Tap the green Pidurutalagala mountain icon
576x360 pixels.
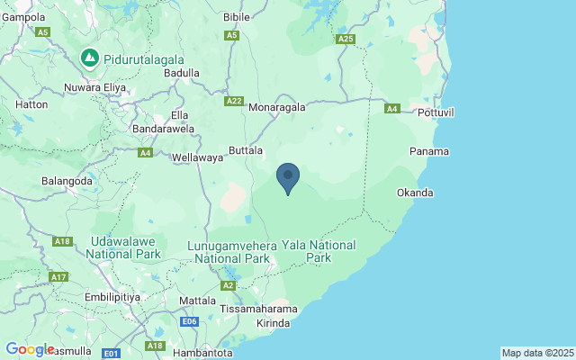click(x=90, y=58)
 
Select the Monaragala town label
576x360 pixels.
click(x=277, y=106)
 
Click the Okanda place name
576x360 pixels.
click(x=415, y=193)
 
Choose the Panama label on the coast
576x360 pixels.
click(x=428, y=151)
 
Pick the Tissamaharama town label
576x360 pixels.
click(x=259, y=309)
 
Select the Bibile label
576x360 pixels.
click(x=237, y=17)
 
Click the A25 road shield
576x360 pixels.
click(x=346, y=40)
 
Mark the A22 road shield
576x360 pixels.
click(x=234, y=102)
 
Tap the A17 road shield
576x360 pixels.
click(x=59, y=276)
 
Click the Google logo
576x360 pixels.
click(x=30, y=349)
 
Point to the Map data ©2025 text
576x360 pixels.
click(x=536, y=353)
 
